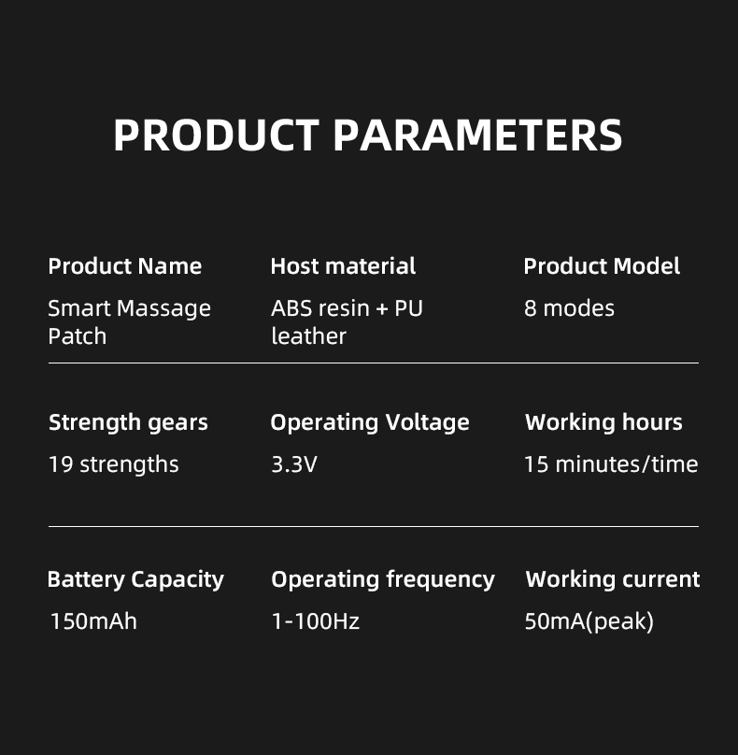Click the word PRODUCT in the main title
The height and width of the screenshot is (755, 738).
tap(216, 135)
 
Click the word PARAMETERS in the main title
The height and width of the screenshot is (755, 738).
tap(477, 135)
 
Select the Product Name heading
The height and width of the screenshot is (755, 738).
tap(124, 266)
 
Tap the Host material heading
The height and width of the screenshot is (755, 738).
tap(343, 266)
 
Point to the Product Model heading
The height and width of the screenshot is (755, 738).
tap(602, 266)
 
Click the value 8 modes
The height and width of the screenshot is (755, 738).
tap(569, 308)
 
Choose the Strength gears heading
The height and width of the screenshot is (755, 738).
tap(128, 422)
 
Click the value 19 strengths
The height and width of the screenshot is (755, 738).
tap(113, 464)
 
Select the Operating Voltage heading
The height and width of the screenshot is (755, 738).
tap(370, 422)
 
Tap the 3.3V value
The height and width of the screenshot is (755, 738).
tap(294, 464)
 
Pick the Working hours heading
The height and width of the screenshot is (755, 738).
tap(603, 422)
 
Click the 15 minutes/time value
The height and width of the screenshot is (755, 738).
tap(611, 464)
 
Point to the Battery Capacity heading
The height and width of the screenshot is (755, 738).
tap(135, 579)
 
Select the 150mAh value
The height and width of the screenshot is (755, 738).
tap(92, 621)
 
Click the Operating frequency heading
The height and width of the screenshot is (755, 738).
tap(383, 579)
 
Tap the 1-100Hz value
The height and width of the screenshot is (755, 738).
tap(315, 621)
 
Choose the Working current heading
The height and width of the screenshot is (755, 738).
tap(613, 579)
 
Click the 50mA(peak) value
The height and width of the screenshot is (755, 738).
tap(589, 621)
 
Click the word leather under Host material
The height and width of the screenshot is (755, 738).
tap(308, 336)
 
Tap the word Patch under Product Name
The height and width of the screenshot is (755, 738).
tap(77, 336)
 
